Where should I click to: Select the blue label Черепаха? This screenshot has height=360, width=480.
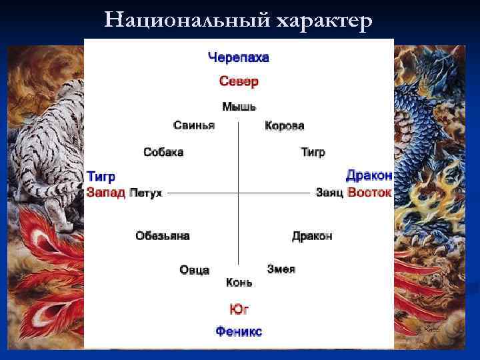(239, 58)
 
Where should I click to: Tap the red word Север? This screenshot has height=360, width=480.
(239, 81)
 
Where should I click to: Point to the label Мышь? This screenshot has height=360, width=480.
(239, 107)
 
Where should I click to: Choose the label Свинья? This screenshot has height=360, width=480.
(194, 125)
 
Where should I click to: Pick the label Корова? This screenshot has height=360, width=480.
(285, 125)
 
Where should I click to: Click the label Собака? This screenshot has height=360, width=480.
(163, 152)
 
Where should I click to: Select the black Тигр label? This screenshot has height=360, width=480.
(313, 152)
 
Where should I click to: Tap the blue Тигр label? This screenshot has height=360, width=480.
(101, 177)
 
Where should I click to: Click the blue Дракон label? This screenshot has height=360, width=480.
(369, 175)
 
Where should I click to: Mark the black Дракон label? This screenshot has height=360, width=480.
(312, 236)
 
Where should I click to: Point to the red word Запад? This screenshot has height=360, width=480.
(105, 193)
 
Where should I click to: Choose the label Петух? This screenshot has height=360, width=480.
(146, 193)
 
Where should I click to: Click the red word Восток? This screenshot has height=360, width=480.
(369, 192)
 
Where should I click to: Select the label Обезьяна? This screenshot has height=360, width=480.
(163, 236)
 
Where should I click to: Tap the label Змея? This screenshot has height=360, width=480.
(281, 269)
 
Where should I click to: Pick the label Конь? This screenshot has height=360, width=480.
(239, 283)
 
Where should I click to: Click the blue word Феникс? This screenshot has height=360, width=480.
(239, 331)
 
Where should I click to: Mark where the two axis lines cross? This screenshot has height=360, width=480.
(239, 193)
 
